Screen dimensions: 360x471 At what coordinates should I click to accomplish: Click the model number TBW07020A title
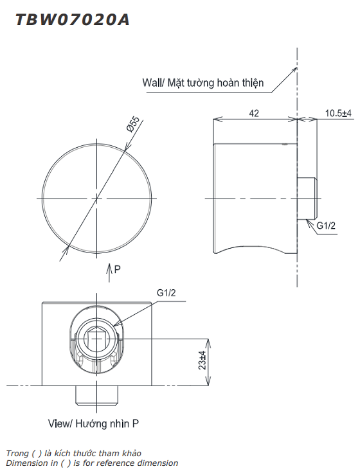click(x=73, y=20)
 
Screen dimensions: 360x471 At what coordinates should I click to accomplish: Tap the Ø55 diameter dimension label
click(x=133, y=124)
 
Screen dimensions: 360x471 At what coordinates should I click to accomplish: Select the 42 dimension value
click(x=254, y=113)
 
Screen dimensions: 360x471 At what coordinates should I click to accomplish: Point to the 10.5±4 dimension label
click(x=338, y=113)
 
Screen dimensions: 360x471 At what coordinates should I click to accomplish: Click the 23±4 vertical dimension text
click(x=203, y=360)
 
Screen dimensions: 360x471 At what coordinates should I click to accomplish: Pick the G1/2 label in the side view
click(x=326, y=226)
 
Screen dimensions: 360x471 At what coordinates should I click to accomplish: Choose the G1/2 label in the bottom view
click(x=166, y=292)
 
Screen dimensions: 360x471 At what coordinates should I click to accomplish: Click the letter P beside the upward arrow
click(x=117, y=269)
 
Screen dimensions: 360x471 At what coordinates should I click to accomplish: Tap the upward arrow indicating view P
click(x=109, y=272)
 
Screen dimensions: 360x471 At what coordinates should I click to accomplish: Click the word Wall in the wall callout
click(x=152, y=82)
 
